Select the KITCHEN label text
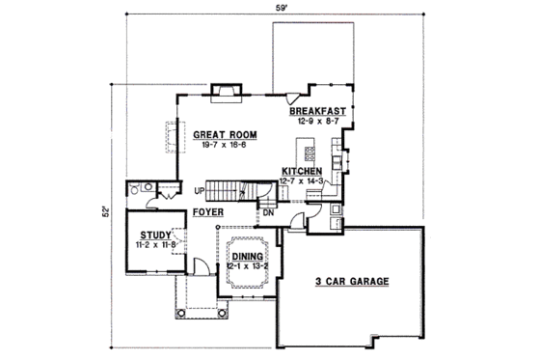coord(302,170)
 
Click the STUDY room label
coord(155,234)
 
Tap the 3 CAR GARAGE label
coord(351,282)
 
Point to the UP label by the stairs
coord(197,190)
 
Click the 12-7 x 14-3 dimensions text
coord(303,180)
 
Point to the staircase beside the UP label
coord(229,190)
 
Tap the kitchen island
coord(310,152)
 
